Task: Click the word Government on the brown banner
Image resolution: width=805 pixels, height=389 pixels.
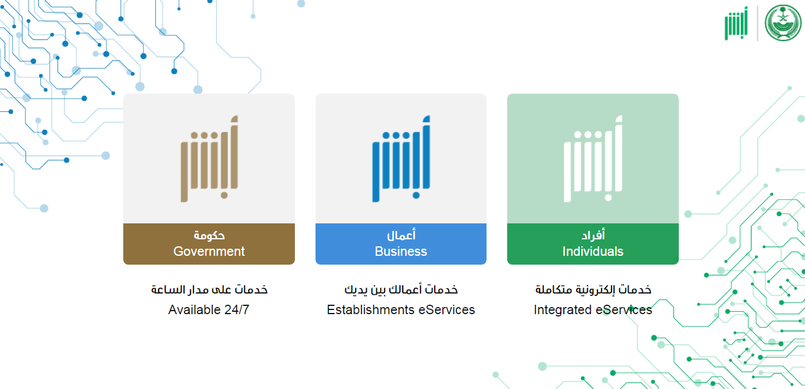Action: (x=209, y=251)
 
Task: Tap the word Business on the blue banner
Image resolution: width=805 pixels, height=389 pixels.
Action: (x=400, y=251)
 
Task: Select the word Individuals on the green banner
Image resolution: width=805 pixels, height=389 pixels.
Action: (x=593, y=251)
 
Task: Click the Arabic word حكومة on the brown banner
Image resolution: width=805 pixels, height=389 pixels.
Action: (x=209, y=235)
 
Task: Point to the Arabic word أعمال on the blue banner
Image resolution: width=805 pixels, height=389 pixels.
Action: (x=401, y=235)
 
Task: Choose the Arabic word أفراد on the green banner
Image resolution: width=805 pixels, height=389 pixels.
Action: (x=593, y=235)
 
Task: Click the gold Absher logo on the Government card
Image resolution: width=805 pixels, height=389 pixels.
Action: (x=209, y=159)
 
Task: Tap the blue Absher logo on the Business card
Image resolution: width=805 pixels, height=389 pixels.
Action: (x=402, y=159)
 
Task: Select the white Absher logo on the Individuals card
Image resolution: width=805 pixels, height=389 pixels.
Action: (x=593, y=159)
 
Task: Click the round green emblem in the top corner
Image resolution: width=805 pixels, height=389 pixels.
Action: (x=783, y=23)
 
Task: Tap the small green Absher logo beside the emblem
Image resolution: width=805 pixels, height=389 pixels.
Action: (x=736, y=24)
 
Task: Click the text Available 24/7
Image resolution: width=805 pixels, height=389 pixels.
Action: (x=209, y=309)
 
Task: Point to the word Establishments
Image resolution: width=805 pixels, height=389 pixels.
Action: (x=370, y=309)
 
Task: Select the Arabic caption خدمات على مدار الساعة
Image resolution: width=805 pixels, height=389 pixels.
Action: (x=209, y=289)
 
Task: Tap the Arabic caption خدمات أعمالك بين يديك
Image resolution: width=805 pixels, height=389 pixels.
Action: (x=401, y=289)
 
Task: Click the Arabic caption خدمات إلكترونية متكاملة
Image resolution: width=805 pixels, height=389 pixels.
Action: (x=593, y=289)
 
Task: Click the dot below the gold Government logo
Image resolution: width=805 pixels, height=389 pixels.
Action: (x=224, y=196)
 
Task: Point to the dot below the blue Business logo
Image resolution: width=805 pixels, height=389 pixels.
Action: (x=416, y=196)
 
